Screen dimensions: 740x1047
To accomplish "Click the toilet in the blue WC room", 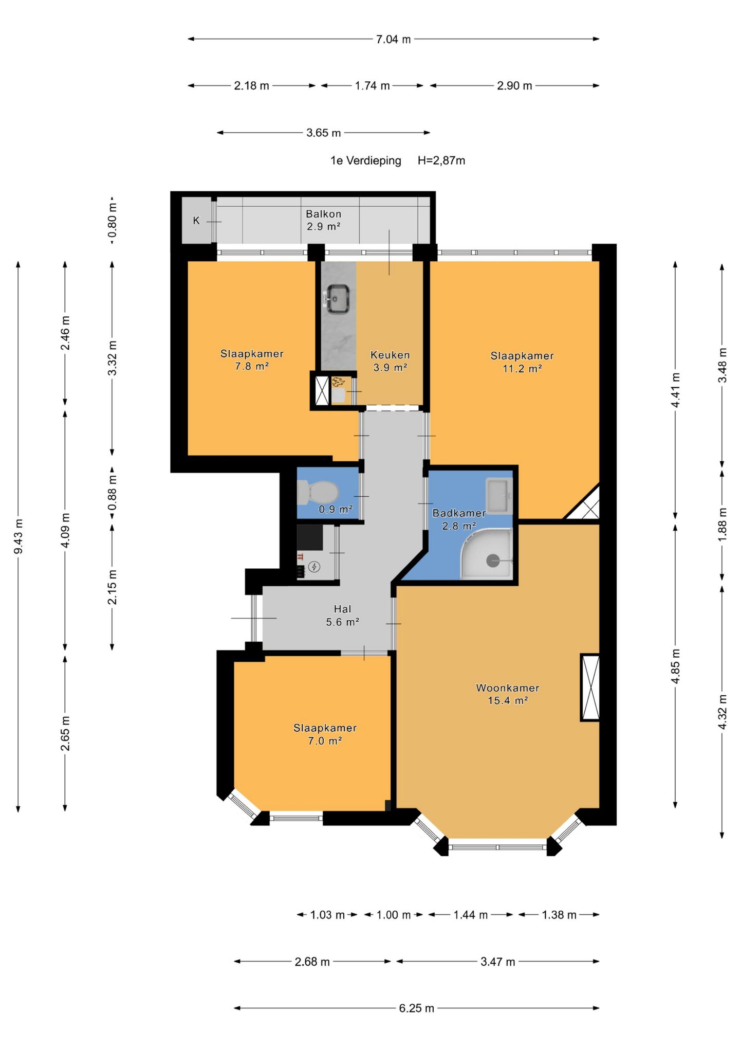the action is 317,492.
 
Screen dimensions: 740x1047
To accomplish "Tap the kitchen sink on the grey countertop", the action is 338,298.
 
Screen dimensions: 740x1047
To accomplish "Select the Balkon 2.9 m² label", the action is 324,220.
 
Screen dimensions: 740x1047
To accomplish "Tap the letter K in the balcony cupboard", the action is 196,221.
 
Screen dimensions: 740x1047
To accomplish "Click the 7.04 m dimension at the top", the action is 394,39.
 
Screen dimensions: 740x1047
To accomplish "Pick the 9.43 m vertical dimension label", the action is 18,537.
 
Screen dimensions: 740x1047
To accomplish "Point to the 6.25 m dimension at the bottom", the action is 417,1008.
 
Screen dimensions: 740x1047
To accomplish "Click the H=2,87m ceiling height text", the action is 441,160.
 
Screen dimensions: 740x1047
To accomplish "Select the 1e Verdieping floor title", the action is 366,160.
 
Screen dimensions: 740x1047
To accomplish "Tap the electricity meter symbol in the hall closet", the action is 314,567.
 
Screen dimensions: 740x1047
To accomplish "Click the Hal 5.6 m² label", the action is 342,616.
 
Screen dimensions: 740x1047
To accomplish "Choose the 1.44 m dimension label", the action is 471,915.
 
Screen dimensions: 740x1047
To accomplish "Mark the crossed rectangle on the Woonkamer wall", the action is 590,688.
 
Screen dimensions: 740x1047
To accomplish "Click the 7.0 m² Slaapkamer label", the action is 325,734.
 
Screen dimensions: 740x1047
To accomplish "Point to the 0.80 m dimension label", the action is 113,221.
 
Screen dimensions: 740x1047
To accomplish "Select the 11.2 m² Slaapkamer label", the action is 522,362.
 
